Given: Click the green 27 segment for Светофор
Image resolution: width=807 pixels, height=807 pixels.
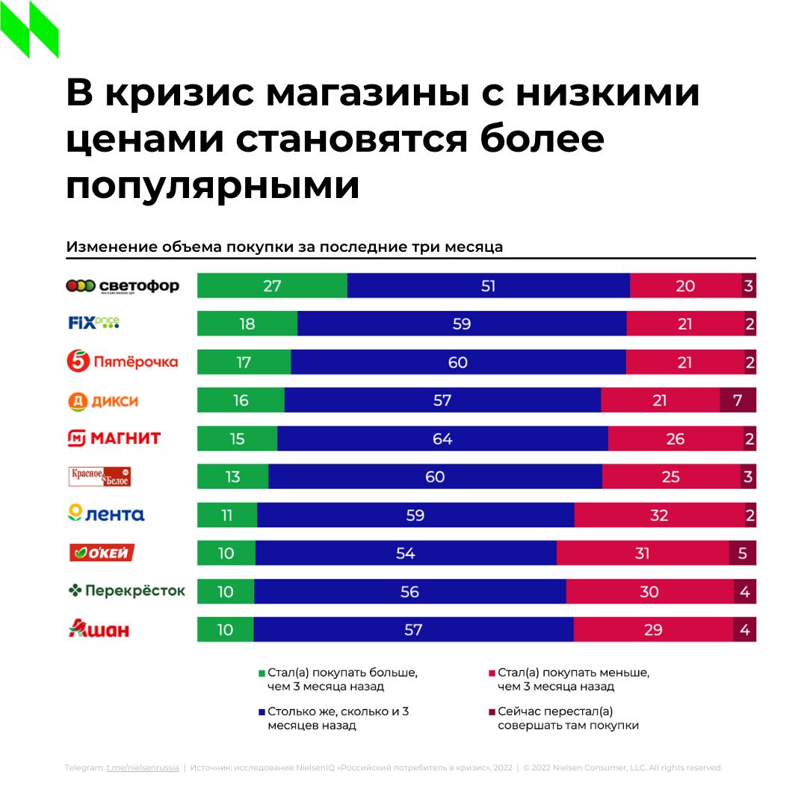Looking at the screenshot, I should tap(272, 286).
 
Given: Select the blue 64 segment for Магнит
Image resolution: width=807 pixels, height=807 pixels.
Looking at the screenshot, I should tap(442, 439).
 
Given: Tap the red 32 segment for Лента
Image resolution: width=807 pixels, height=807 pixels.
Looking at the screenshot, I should tap(659, 515).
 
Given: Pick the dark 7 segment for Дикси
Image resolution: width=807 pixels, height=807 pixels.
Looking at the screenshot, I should tap(738, 401).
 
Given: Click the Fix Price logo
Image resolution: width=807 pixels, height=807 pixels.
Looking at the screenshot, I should tap(93, 324).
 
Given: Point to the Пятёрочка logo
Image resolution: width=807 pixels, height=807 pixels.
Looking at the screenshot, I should tap(123, 362).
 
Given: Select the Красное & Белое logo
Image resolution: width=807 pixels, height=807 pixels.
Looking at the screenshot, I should tap(100, 477).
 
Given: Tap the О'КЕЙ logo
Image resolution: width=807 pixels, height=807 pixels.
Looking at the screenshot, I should tap(102, 553).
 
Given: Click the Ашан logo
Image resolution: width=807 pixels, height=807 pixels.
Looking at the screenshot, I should tap(99, 629).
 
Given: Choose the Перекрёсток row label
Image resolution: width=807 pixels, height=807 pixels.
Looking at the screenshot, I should tap(126, 591).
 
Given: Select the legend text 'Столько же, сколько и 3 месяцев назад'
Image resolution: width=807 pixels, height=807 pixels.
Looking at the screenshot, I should tap(338, 718).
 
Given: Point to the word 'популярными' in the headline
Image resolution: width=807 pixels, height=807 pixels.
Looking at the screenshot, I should tap(213, 186).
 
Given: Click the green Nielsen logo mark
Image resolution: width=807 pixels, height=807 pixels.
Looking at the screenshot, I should tap(30, 30).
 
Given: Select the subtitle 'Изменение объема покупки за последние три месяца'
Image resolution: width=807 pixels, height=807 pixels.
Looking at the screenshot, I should tap(285, 247).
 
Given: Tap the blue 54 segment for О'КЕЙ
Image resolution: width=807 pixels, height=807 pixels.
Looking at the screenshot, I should tap(406, 553).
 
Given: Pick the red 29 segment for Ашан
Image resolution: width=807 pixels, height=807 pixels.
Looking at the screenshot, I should tap(653, 629).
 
